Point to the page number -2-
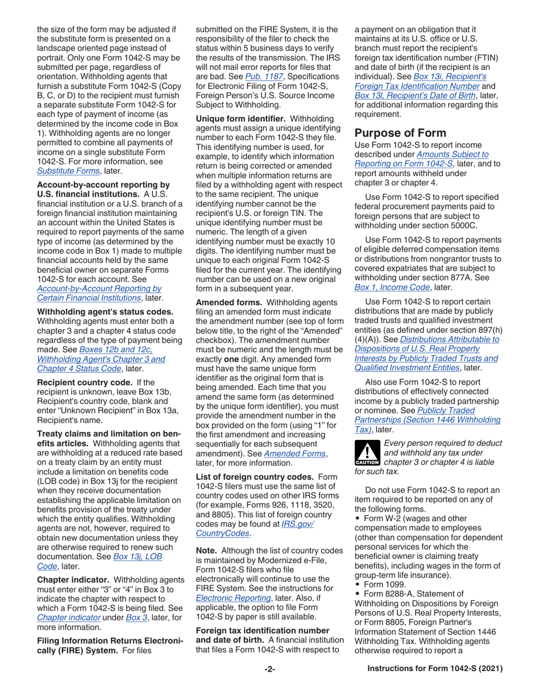270,685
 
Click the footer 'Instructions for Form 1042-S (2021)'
435,685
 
